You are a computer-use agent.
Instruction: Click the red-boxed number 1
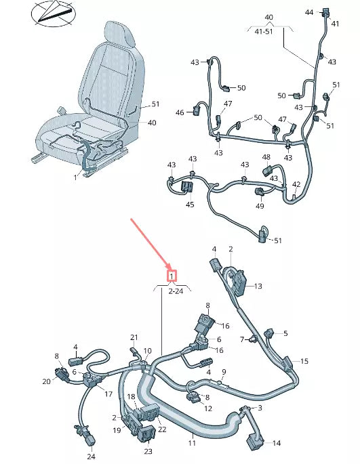point(172,276)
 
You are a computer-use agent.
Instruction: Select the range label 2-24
point(174,291)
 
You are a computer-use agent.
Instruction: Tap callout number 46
point(180,112)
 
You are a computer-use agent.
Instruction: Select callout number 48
point(266,158)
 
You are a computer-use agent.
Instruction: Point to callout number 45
point(190,205)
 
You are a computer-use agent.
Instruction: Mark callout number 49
point(260,206)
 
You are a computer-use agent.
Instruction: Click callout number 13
point(258,287)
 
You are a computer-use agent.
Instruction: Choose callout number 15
point(304,361)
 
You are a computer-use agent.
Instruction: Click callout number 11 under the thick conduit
point(192,443)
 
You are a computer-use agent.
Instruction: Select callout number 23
point(148,450)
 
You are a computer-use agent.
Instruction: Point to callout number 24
point(92,456)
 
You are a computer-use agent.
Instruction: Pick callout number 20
point(46,381)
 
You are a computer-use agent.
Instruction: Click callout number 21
point(134,337)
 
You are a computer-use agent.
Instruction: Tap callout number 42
point(296,184)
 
